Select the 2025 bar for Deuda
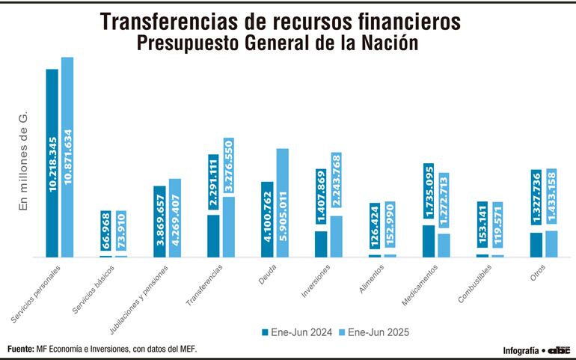click(282, 203)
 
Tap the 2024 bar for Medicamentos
click(428, 241)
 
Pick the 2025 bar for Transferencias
click(228, 227)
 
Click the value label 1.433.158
click(551, 198)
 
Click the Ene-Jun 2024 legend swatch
click(265, 331)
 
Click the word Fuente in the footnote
click(20, 349)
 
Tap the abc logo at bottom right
click(560, 350)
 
